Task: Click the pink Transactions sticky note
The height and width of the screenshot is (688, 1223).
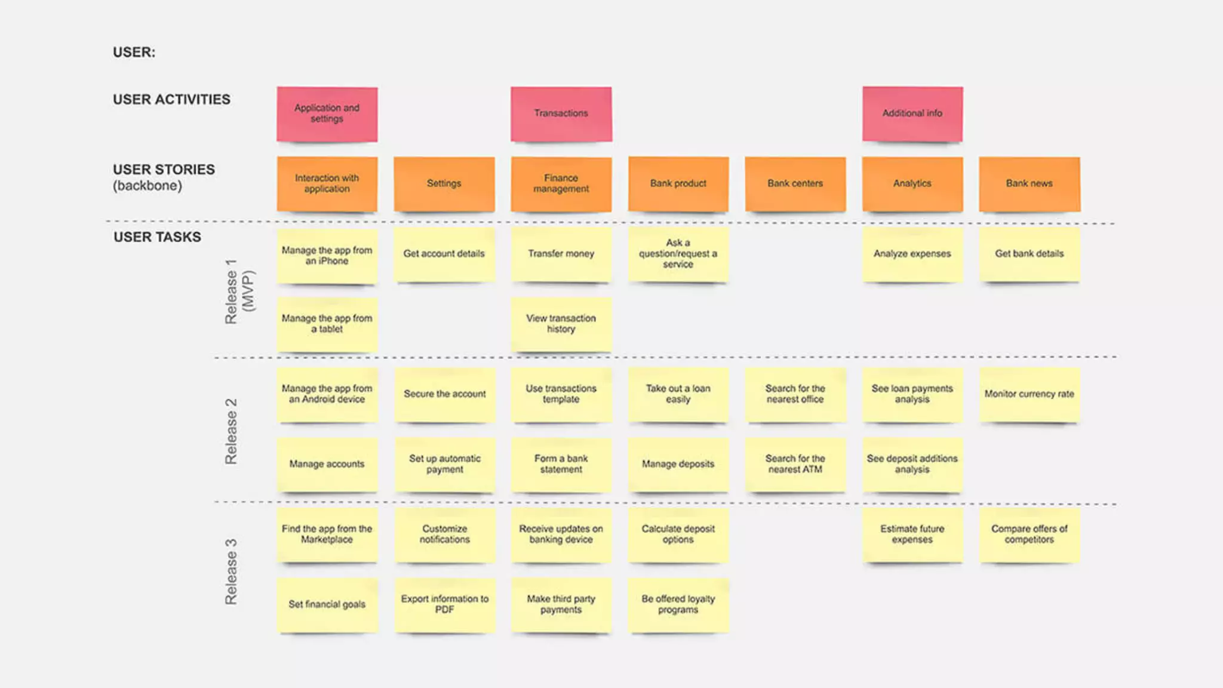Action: pyautogui.click(x=561, y=113)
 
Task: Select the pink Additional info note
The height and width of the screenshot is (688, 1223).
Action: pyautogui.click(x=912, y=113)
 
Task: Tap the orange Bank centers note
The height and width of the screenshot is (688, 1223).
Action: pyautogui.click(x=795, y=183)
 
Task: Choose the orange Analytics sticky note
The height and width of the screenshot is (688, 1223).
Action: pyautogui.click(x=912, y=183)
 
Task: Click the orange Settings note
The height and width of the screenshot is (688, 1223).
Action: pyautogui.click(x=444, y=183)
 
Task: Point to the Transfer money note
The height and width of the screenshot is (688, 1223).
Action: pyautogui.click(x=561, y=254)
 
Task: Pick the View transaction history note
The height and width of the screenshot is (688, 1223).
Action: pyautogui.click(x=561, y=324)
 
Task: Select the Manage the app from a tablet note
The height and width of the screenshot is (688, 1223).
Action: pyautogui.click(x=327, y=324)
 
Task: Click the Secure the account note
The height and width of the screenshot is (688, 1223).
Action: pyautogui.click(x=444, y=394)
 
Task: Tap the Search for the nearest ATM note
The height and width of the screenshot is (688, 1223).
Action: pyautogui.click(x=795, y=464)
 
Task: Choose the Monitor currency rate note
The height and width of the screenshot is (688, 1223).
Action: pyautogui.click(x=1029, y=394)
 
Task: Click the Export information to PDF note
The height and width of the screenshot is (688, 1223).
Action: pyautogui.click(x=444, y=604)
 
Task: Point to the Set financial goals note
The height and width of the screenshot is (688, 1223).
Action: pyautogui.click(x=327, y=604)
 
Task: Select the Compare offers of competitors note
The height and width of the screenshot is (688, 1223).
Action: pyautogui.click(x=1029, y=535)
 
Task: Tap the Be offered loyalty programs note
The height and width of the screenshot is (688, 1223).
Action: pyautogui.click(x=678, y=604)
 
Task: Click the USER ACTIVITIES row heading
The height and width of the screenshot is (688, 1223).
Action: pyautogui.click(x=171, y=100)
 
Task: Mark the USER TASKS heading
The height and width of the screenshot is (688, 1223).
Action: pyautogui.click(x=157, y=237)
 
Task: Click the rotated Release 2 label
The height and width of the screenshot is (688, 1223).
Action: pyautogui.click(x=231, y=431)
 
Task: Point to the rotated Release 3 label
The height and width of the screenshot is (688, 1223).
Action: pyautogui.click(x=231, y=572)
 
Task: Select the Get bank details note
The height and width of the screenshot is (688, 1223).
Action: pyautogui.click(x=1029, y=254)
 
